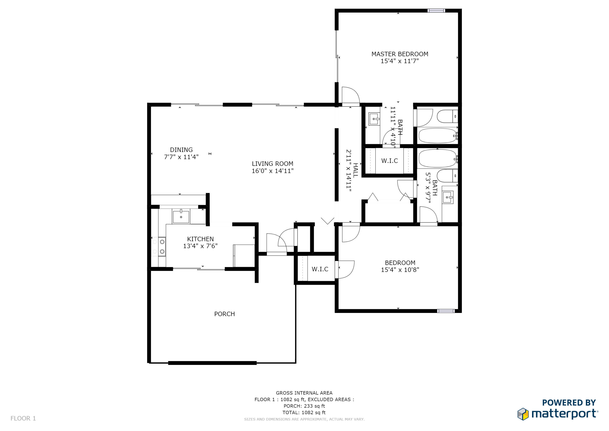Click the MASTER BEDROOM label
point(400,54)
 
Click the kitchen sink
point(181,217)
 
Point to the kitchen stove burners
point(162,247)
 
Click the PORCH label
point(224,314)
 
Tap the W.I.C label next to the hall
point(389,161)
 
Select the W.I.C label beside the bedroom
point(320,269)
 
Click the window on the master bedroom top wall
point(436,11)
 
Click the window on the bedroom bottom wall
point(446,311)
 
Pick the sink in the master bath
point(374,119)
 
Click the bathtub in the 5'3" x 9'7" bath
point(438,159)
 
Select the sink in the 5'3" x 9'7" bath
point(448,197)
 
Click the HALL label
point(355,170)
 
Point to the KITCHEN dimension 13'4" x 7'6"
point(200,246)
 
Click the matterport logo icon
point(523,414)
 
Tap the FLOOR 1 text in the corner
point(23,418)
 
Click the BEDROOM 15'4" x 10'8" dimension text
point(400,270)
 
